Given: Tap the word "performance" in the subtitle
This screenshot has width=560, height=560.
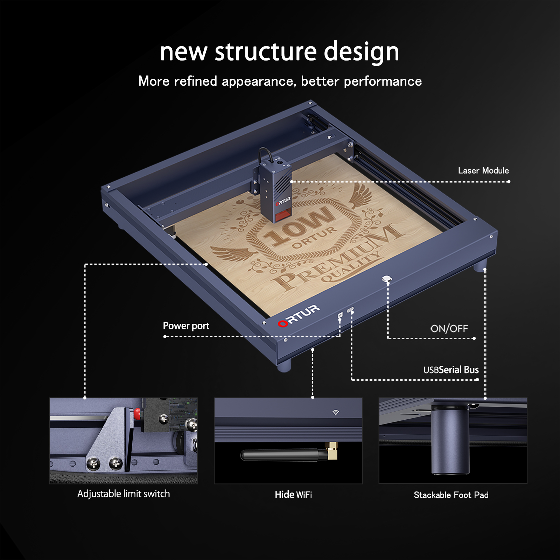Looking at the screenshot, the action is [383, 82].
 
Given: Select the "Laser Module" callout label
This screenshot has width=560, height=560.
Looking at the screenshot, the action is [483, 170].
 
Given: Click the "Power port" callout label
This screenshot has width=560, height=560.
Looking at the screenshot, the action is [186, 326].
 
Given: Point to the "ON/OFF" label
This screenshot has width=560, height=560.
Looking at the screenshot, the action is [449, 328].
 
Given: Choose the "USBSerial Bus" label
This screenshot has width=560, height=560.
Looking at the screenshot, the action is [451, 370].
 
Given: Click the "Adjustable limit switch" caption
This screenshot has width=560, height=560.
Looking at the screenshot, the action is [124, 493].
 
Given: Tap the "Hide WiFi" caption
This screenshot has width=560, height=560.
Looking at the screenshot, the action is [293, 495].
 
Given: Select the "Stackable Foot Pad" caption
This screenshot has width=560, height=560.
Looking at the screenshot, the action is [451, 495].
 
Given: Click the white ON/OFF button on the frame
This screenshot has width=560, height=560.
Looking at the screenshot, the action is [386, 279].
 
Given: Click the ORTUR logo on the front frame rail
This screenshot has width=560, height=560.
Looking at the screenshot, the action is [299, 316].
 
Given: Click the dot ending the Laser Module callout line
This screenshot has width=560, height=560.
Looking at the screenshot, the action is [509, 182].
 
